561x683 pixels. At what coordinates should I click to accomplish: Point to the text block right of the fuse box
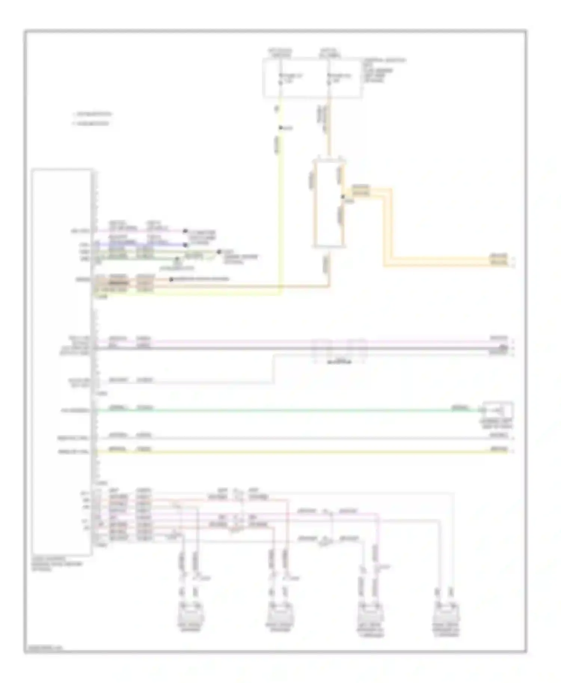coord(383,70)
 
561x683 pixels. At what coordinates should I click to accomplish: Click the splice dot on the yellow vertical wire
coord(280,128)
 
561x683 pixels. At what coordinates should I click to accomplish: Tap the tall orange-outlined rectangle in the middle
coord(329,204)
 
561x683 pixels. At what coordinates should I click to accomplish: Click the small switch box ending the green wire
coord(498,411)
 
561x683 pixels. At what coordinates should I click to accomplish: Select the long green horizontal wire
coord(284,411)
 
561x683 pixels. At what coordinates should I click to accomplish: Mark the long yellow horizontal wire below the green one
coord(284,452)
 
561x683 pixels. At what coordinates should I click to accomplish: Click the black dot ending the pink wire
coord(185,231)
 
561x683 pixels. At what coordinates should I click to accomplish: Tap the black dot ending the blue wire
coord(185,245)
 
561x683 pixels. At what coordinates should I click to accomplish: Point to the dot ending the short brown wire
coord(171,279)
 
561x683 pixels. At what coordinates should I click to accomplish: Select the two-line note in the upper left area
coord(92,118)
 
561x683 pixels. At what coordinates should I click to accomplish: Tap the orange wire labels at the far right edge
coord(499,260)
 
